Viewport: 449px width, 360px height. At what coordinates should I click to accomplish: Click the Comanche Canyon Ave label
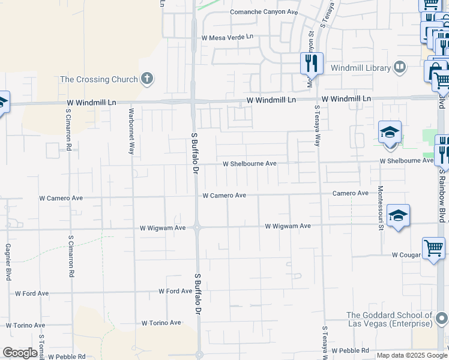tap(264, 12)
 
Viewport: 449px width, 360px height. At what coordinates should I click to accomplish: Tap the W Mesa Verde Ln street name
tap(228, 37)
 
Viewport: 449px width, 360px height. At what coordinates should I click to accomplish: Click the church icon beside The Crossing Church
tap(147, 79)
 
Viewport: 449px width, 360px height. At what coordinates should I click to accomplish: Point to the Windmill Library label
tap(360, 68)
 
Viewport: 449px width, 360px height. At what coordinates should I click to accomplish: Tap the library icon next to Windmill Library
tap(400, 68)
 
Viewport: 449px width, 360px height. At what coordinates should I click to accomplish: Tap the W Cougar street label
tap(406, 255)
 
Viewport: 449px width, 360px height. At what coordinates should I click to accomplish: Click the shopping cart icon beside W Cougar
tap(433, 248)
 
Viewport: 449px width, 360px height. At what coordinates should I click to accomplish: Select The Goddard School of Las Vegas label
tap(389, 319)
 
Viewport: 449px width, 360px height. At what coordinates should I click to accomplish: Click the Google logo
tap(20, 353)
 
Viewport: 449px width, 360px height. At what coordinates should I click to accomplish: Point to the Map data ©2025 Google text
tap(412, 355)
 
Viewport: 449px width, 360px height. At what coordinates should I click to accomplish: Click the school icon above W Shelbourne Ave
tap(390, 132)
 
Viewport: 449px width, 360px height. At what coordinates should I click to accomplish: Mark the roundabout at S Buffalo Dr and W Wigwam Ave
tap(197, 227)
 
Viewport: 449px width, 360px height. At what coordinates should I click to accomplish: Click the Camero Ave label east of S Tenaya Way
tap(351, 193)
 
